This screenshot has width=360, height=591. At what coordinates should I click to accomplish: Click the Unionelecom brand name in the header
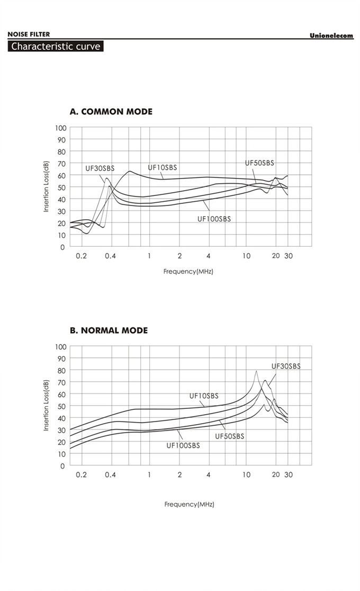[x=331, y=35]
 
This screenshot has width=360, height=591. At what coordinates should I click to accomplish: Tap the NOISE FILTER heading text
[x=29, y=34]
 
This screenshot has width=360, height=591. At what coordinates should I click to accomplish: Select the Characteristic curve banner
[x=56, y=46]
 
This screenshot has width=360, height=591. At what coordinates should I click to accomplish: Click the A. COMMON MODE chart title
[x=111, y=112]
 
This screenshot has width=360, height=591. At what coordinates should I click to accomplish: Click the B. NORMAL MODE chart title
[x=109, y=330]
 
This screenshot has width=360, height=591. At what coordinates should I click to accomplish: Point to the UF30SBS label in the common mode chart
[x=100, y=168]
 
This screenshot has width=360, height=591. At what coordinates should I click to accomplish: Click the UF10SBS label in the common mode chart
[x=163, y=168]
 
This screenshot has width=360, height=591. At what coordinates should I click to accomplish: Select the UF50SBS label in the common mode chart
[x=259, y=163]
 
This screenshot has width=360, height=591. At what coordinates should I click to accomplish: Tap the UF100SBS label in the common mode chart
[x=214, y=219]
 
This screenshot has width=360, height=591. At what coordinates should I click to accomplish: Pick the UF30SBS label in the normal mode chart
[x=286, y=366]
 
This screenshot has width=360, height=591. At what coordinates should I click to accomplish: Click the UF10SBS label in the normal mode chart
[x=204, y=396]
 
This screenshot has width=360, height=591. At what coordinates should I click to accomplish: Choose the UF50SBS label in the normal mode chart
[x=230, y=436]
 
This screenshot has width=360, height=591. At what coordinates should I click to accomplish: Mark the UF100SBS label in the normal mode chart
[x=183, y=446]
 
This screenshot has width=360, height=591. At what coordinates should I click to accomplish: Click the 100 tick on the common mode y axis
[x=60, y=128]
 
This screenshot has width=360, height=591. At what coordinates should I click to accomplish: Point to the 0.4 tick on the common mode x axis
[x=110, y=256]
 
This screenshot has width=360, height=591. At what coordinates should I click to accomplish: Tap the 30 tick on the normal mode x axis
[x=289, y=474]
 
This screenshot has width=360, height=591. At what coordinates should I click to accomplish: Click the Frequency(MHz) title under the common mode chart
[x=188, y=271]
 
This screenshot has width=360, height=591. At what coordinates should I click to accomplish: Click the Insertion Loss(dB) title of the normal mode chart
[x=47, y=405]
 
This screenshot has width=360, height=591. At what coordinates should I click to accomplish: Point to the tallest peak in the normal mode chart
[x=256, y=371]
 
